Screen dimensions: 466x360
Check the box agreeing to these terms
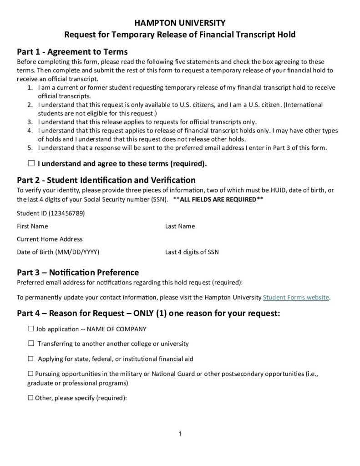point(31,162)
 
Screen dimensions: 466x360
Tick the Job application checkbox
point(31,329)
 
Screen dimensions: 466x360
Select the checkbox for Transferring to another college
point(31,344)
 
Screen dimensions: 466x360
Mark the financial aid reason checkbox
point(31,359)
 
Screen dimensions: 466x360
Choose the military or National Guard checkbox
point(31,374)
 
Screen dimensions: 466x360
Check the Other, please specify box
point(31,398)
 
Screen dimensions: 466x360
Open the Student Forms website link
point(296,298)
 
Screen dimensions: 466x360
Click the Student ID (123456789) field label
point(51,213)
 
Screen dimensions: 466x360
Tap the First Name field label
point(32,226)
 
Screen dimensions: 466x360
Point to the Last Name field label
point(180,226)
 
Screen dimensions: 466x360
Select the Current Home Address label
point(50,239)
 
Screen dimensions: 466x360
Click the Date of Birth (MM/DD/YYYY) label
point(58,252)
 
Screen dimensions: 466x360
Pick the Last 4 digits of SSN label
point(192,252)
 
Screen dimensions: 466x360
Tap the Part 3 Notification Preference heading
point(78,273)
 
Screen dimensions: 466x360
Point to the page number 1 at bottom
point(180,434)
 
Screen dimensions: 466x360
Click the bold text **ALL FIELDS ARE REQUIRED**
point(218,199)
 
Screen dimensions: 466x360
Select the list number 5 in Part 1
point(30,147)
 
